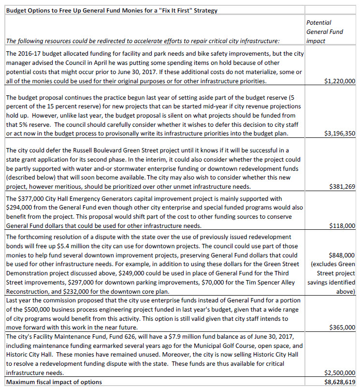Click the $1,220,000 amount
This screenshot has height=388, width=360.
[340, 81]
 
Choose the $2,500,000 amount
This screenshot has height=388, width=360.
[340, 373]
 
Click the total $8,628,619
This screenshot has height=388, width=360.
[340, 382]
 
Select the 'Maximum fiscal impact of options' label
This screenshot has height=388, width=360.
[54, 382]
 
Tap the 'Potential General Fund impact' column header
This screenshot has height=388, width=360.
[325, 31]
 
